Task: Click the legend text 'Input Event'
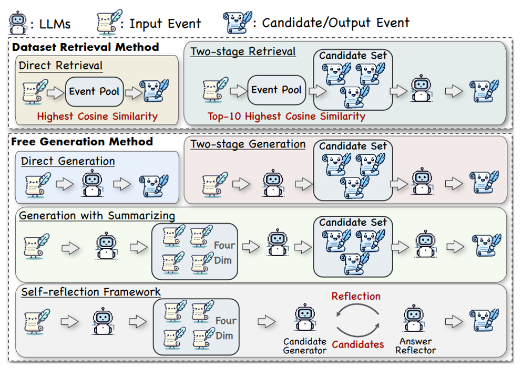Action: click(165, 23)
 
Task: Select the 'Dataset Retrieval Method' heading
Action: click(85, 47)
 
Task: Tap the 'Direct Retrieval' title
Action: click(60, 66)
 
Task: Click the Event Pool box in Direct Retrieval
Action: click(94, 91)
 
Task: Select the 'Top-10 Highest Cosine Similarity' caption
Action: click(286, 116)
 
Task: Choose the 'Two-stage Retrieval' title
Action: click(243, 51)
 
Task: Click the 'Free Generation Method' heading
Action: click(82, 142)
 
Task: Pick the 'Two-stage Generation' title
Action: click(248, 144)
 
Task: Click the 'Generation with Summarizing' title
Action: click(97, 216)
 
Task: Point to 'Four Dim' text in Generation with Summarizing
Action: click(223, 252)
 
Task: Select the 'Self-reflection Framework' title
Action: click(91, 292)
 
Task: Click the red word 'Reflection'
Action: click(356, 296)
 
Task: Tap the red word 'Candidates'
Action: click(357, 344)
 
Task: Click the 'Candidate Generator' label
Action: click(305, 346)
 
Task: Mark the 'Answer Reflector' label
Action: click(415, 346)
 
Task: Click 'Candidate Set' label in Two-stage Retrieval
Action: click(353, 55)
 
